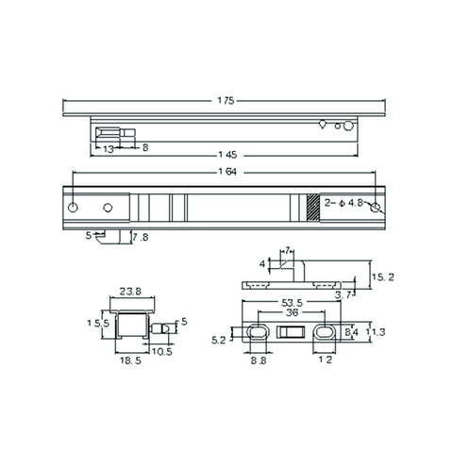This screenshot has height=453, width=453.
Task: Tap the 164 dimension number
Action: [226, 173]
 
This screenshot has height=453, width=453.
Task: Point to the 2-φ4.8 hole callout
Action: [343, 202]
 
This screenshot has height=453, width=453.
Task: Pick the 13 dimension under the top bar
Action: [109, 148]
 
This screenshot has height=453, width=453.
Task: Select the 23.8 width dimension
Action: [131, 293]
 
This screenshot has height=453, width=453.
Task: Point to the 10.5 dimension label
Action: [161, 351]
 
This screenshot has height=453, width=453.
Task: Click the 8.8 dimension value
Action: [257, 361]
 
